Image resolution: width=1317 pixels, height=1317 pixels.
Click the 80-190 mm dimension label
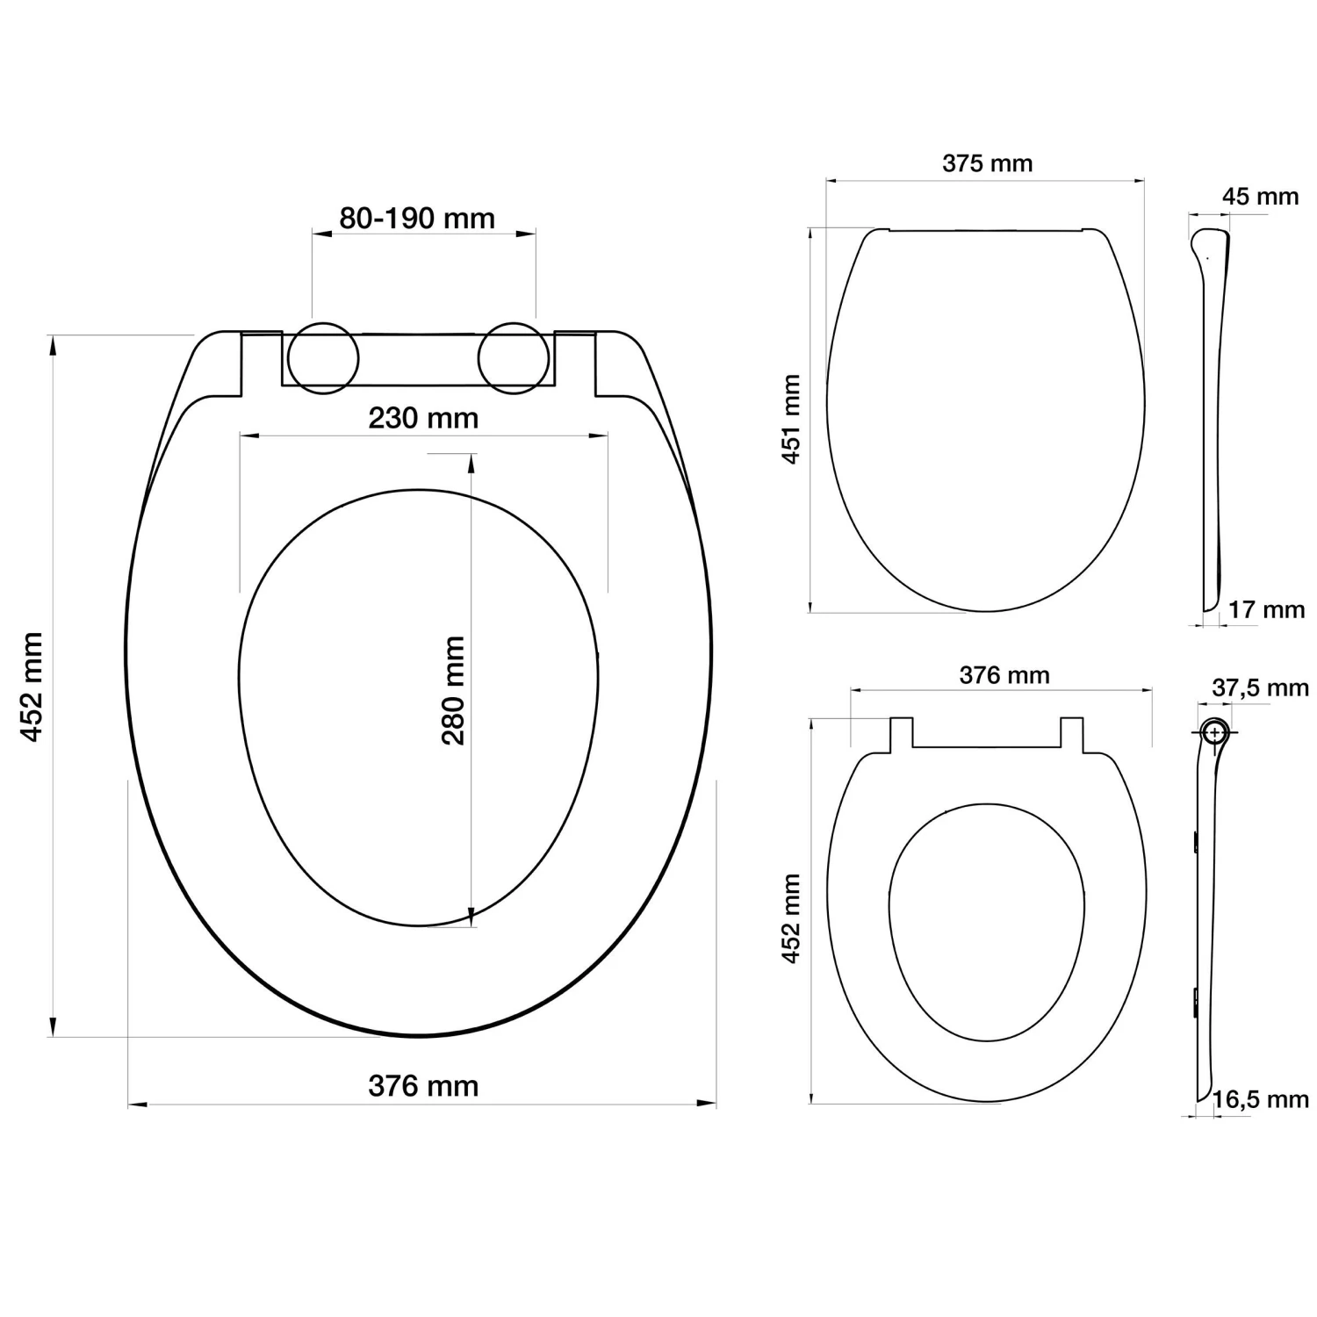pos(417,219)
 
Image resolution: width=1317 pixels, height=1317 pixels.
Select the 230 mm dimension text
pos(423,418)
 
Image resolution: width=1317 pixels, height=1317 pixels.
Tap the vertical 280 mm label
pos(453,691)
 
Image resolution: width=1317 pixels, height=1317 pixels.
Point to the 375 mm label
pos(987,163)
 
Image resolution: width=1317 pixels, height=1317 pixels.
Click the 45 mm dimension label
pos(1260,197)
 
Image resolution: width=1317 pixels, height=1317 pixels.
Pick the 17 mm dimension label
pos(1266,609)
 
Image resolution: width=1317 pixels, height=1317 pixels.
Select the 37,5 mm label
pos(1260,688)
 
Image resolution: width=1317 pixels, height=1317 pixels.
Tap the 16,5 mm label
pos(1260,1099)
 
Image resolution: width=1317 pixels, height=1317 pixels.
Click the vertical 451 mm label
pos(791,419)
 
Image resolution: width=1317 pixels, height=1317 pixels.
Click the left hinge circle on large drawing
pos(323,358)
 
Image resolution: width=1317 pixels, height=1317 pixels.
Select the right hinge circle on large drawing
pos(514,358)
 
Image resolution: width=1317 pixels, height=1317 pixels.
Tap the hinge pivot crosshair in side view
pos(1215,731)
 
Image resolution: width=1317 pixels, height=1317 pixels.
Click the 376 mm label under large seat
pos(423,1086)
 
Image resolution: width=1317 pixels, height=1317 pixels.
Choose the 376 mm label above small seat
pos(1004,675)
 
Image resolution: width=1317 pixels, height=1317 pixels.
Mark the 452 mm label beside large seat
pos(32,687)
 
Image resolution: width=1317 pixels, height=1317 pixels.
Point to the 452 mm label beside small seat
pos(791,918)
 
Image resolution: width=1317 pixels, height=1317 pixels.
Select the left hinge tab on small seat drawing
pos(902,734)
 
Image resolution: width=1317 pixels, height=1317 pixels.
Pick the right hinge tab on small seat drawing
pos(1072,734)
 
